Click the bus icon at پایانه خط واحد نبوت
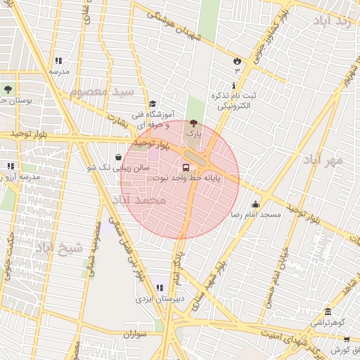tap(186, 167)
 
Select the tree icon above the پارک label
tap(193, 122)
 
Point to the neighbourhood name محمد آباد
tap(138, 201)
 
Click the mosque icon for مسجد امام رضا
tap(255, 204)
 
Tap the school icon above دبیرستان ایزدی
tap(160, 287)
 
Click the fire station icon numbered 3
tap(237, 60)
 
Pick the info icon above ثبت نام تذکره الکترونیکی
tap(234, 85)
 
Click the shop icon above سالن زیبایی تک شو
tap(117, 157)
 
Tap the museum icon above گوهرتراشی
tap(327, 312)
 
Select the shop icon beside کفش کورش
tap(347, 340)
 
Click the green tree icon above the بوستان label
tap(8, 89)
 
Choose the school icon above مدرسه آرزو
tap(10, 166)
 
